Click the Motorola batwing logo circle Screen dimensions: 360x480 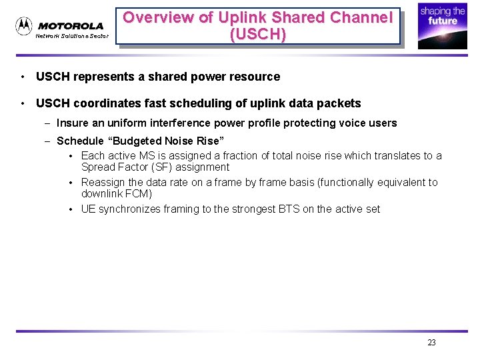click(x=24, y=26)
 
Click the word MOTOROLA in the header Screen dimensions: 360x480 click(x=71, y=26)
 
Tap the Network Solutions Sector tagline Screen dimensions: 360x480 click(x=71, y=36)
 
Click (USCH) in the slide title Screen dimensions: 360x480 click(x=258, y=34)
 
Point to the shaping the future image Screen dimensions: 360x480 click(x=442, y=27)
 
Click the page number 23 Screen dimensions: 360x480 click(x=431, y=343)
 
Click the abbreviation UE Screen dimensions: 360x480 click(x=89, y=209)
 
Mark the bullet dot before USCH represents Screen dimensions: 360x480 click(x=23, y=77)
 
